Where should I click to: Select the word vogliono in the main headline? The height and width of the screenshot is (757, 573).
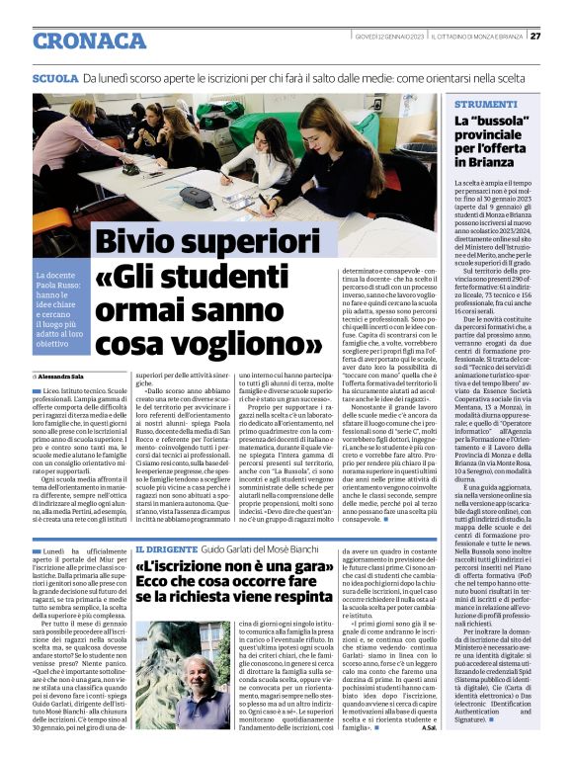(x=257, y=342)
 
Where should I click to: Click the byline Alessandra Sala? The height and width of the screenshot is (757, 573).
(x=72, y=377)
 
